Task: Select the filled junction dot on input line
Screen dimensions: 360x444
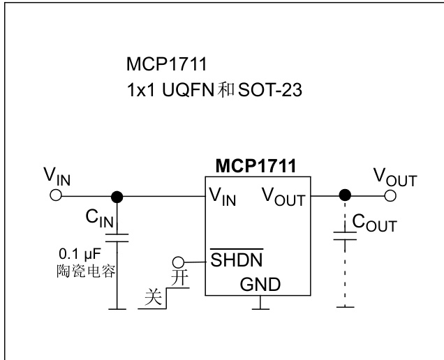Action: click(x=117, y=196)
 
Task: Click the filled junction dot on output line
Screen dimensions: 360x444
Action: click(x=343, y=196)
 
